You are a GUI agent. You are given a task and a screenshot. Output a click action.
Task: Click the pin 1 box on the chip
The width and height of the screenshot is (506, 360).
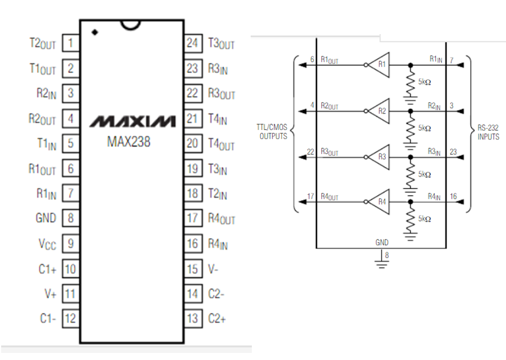pyautogui.click(x=71, y=42)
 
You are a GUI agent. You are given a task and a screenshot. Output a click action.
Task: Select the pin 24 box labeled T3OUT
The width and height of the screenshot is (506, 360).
pyautogui.click(x=192, y=42)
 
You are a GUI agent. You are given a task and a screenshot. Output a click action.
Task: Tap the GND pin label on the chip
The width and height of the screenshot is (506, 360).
pyautogui.click(x=46, y=218)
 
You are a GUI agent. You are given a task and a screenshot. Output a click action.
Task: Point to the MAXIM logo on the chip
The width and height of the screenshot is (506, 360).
pyautogui.click(x=132, y=122)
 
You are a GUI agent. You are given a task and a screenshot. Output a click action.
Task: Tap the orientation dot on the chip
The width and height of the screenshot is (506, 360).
pyautogui.click(x=95, y=32)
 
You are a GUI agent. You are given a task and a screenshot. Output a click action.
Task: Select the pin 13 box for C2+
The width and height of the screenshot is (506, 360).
pyautogui.click(x=192, y=319)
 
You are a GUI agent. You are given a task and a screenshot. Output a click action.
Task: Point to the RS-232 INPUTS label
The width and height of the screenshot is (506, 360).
pyautogui.click(x=488, y=133)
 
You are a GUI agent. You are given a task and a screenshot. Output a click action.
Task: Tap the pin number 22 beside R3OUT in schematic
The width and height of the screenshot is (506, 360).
pyautogui.click(x=310, y=152)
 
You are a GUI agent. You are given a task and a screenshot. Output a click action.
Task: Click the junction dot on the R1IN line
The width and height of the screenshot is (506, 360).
pyautogui.click(x=403, y=64)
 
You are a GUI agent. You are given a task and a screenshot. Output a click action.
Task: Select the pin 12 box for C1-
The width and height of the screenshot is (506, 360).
pyautogui.click(x=71, y=319)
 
